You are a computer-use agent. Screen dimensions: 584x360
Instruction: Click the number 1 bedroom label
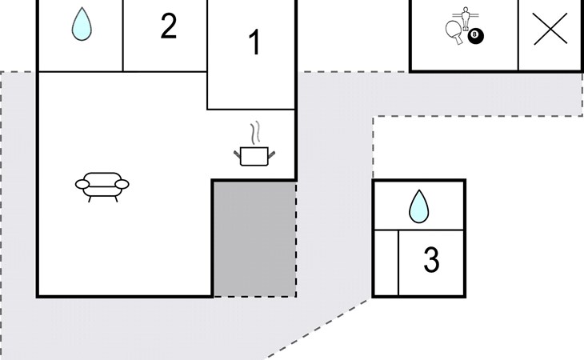[x=254, y=42]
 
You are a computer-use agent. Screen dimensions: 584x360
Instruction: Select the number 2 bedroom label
[x=168, y=26]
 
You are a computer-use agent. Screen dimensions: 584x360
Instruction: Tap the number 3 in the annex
[x=431, y=259]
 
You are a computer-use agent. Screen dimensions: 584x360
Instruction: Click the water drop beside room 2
[x=82, y=24]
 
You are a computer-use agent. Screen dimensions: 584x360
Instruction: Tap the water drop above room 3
[x=418, y=206]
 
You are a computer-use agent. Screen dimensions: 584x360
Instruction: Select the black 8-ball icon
[x=476, y=36]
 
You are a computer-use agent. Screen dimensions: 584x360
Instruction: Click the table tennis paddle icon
[x=454, y=32]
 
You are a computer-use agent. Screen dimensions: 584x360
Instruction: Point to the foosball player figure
[x=465, y=18]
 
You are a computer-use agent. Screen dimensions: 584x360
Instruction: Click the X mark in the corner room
[x=550, y=29]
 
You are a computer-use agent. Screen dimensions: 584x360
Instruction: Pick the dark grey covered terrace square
[x=254, y=238]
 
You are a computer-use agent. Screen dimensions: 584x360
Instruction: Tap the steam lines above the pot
[x=255, y=133]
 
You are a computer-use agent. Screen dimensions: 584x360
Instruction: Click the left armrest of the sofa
[x=82, y=184]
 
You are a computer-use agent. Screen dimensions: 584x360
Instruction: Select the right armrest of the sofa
[x=122, y=184]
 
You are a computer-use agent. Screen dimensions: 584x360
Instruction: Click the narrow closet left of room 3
[x=386, y=263]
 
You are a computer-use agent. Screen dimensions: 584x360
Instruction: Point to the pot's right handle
[x=271, y=154]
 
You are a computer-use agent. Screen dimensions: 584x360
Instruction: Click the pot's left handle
[x=238, y=154]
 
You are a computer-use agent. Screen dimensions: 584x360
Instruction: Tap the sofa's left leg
[x=90, y=199]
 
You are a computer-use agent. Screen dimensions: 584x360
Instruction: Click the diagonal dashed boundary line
[x=319, y=329]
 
